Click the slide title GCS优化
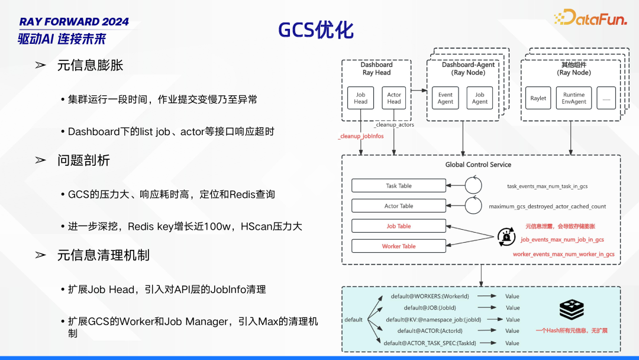pyautogui.click(x=316, y=31)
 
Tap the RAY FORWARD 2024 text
pyautogui.click(x=74, y=21)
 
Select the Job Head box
pyautogui.click(x=360, y=98)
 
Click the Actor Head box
pyautogui.click(x=394, y=98)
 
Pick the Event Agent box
pyautogui.click(x=446, y=98)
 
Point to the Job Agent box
pyautogui.click(x=480, y=98)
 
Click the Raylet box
pyautogui.click(x=538, y=98)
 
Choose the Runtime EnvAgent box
pyautogui.click(x=574, y=98)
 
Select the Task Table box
pyautogui.click(x=399, y=186)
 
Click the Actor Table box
pyautogui.click(x=399, y=206)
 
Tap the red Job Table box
pyautogui.click(x=399, y=226)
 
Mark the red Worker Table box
pyautogui.click(x=399, y=246)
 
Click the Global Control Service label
pyautogui.click(x=478, y=165)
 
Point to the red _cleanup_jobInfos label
pyautogui.click(x=361, y=136)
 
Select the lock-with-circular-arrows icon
pyautogui.click(x=506, y=236)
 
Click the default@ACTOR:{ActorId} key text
pyautogui.click(x=430, y=331)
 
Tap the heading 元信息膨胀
pyautogui.click(x=90, y=65)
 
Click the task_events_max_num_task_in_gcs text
pyautogui.click(x=547, y=187)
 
